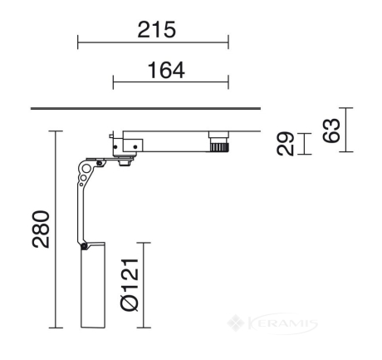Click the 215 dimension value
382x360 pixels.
(x=157, y=29)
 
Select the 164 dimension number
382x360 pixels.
(x=166, y=70)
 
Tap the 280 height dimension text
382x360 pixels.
(x=41, y=229)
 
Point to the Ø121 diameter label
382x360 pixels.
(x=130, y=284)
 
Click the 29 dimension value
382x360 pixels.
(x=285, y=144)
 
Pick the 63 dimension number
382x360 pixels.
(x=331, y=131)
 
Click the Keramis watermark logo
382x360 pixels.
(x=272, y=323)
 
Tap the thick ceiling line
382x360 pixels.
(x=145, y=108)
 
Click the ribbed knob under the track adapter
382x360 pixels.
(x=219, y=147)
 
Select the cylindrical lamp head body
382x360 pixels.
(x=93, y=285)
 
